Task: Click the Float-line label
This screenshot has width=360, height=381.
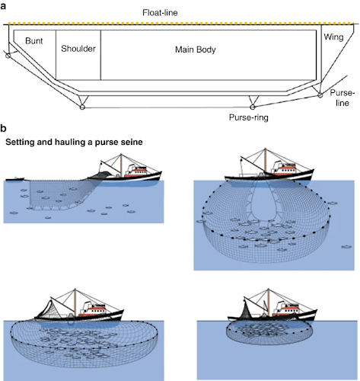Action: (x=160, y=13)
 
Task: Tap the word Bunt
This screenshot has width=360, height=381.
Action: (x=34, y=41)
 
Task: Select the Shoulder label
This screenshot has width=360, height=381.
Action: (x=78, y=49)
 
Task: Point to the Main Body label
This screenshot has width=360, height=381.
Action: (x=196, y=50)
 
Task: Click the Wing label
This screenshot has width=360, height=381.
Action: (x=333, y=37)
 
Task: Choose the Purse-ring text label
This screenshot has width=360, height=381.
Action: (x=248, y=117)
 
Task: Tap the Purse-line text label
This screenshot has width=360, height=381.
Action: (x=342, y=98)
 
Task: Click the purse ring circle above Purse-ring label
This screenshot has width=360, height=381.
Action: (x=252, y=107)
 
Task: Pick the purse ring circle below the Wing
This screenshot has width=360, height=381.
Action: (x=320, y=95)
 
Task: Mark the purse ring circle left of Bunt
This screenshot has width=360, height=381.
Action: (x=8, y=55)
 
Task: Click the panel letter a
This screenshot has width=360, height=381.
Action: (x=3, y=6)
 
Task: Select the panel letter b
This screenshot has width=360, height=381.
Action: (x=3, y=128)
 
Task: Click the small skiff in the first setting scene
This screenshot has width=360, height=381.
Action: (x=14, y=179)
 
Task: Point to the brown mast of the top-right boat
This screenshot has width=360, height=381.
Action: (x=266, y=161)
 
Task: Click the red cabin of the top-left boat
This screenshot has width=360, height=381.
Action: (x=135, y=173)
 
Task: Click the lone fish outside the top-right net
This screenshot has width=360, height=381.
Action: (x=346, y=247)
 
